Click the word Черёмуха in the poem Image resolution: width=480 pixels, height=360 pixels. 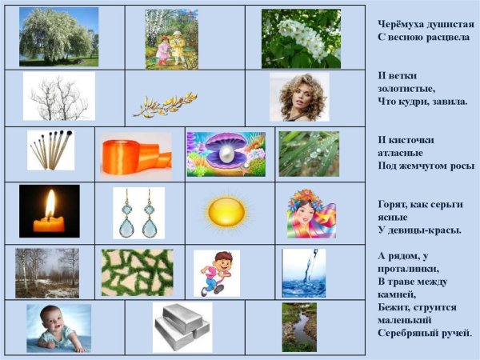[x=396, y=24]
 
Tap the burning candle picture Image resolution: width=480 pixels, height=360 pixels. [x=49, y=211]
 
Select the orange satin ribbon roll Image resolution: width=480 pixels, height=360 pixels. [x=135, y=154]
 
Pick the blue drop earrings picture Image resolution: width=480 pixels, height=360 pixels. [x=138, y=214]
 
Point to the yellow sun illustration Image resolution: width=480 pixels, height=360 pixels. [x=227, y=213]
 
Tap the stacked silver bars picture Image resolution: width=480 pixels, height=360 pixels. [x=182, y=326]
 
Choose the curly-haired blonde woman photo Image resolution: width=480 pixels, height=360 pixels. [x=298, y=97]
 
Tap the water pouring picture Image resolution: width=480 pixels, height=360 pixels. [x=303, y=272]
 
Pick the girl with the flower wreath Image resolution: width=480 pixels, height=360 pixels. [x=310, y=213]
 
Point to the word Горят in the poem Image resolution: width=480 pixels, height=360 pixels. [x=391, y=204]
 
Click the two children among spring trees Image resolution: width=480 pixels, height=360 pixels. [x=172, y=39]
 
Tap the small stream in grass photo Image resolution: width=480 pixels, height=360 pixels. [x=298, y=326]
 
